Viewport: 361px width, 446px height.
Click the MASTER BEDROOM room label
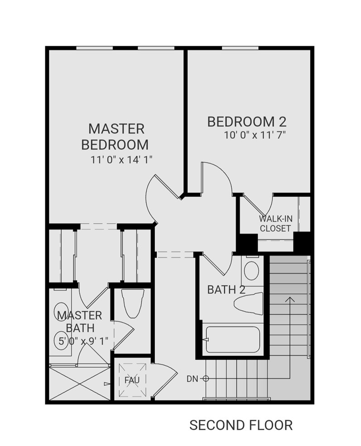(x=116, y=136)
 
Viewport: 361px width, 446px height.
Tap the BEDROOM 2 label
(x=247, y=121)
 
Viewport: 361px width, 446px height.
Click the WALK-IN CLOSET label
(x=275, y=224)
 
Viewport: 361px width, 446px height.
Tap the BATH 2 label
(x=226, y=289)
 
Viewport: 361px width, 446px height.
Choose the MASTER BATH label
(x=80, y=321)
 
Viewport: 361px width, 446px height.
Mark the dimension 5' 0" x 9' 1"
(x=83, y=341)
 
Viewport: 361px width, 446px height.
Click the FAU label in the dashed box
(x=132, y=380)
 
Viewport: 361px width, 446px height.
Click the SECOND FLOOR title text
(x=241, y=425)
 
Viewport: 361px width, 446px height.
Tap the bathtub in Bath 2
(x=231, y=340)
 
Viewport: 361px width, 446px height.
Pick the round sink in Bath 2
(x=251, y=271)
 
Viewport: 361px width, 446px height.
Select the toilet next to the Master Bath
(x=133, y=303)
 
